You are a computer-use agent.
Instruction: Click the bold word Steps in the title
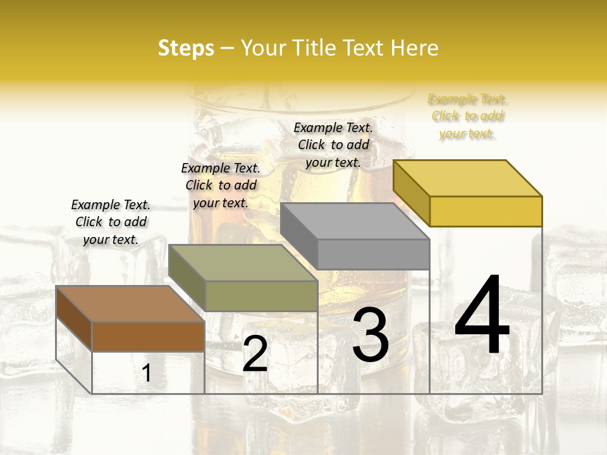click(186, 49)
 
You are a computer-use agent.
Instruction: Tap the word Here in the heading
click(415, 49)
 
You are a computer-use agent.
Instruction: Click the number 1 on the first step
click(147, 373)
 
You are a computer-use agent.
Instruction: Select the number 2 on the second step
click(255, 354)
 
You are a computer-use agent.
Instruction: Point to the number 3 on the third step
click(371, 335)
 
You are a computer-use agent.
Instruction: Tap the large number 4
click(482, 316)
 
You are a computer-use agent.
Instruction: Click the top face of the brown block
click(130, 304)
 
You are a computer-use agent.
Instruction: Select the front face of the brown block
click(148, 336)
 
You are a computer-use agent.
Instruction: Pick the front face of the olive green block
click(261, 296)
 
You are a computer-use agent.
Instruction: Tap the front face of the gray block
click(373, 254)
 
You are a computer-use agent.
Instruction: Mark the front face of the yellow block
click(486, 211)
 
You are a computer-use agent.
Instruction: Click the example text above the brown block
click(111, 222)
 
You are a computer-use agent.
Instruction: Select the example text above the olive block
click(221, 185)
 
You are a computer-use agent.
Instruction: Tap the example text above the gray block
click(333, 145)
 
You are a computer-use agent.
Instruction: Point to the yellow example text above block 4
click(467, 116)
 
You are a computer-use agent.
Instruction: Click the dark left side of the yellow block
click(411, 193)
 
